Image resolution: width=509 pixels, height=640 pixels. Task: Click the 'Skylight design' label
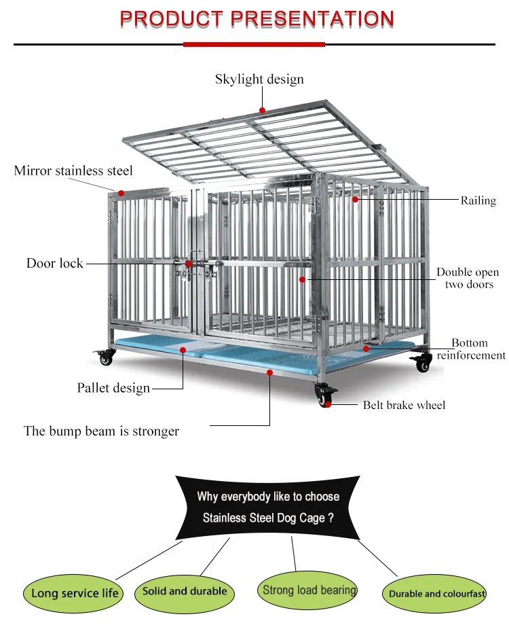point(259,79)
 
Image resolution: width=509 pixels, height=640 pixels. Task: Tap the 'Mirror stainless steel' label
point(73,171)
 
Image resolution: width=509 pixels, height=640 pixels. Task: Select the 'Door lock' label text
point(55,263)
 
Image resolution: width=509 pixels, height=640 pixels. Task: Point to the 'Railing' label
point(478,200)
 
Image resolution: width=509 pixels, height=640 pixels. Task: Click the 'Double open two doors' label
point(468,278)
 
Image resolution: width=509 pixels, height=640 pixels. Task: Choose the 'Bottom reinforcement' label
point(470,349)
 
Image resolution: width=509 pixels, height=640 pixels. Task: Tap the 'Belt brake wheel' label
point(404,405)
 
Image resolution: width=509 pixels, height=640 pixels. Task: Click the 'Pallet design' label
point(113,389)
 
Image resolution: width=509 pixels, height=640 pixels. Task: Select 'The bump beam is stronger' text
point(101,431)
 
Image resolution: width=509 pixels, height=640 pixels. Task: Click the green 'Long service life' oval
point(75,593)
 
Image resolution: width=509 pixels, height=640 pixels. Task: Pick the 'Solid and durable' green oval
point(185,591)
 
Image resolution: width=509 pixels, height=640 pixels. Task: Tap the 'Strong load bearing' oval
point(309,590)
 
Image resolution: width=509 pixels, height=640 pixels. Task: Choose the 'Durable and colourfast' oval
point(436,594)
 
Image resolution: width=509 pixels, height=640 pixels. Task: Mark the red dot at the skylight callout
point(262,110)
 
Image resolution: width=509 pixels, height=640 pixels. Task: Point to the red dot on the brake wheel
point(328,404)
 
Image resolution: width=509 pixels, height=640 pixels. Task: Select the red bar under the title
point(254,44)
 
